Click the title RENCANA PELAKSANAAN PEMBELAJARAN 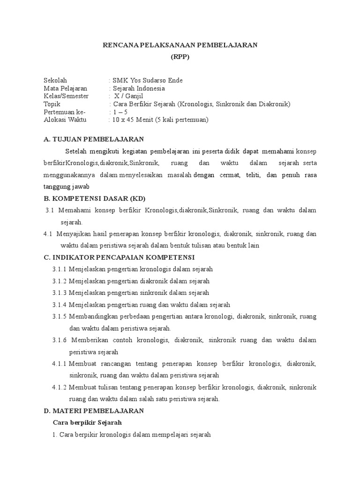[x=180, y=45]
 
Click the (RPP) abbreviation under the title [x=180, y=57]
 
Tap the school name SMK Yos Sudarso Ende [x=147, y=80]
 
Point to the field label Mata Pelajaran [x=65, y=88]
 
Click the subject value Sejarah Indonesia [x=138, y=88]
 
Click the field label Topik [x=52, y=104]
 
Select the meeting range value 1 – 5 [x=119, y=112]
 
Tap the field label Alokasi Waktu [x=64, y=120]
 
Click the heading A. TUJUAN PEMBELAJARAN [x=93, y=139]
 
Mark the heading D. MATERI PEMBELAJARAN [x=93, y=411]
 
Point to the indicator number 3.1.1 [x=60, y=269]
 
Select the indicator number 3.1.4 [x=60, y=305]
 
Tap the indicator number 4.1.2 [x=60, y=387]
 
